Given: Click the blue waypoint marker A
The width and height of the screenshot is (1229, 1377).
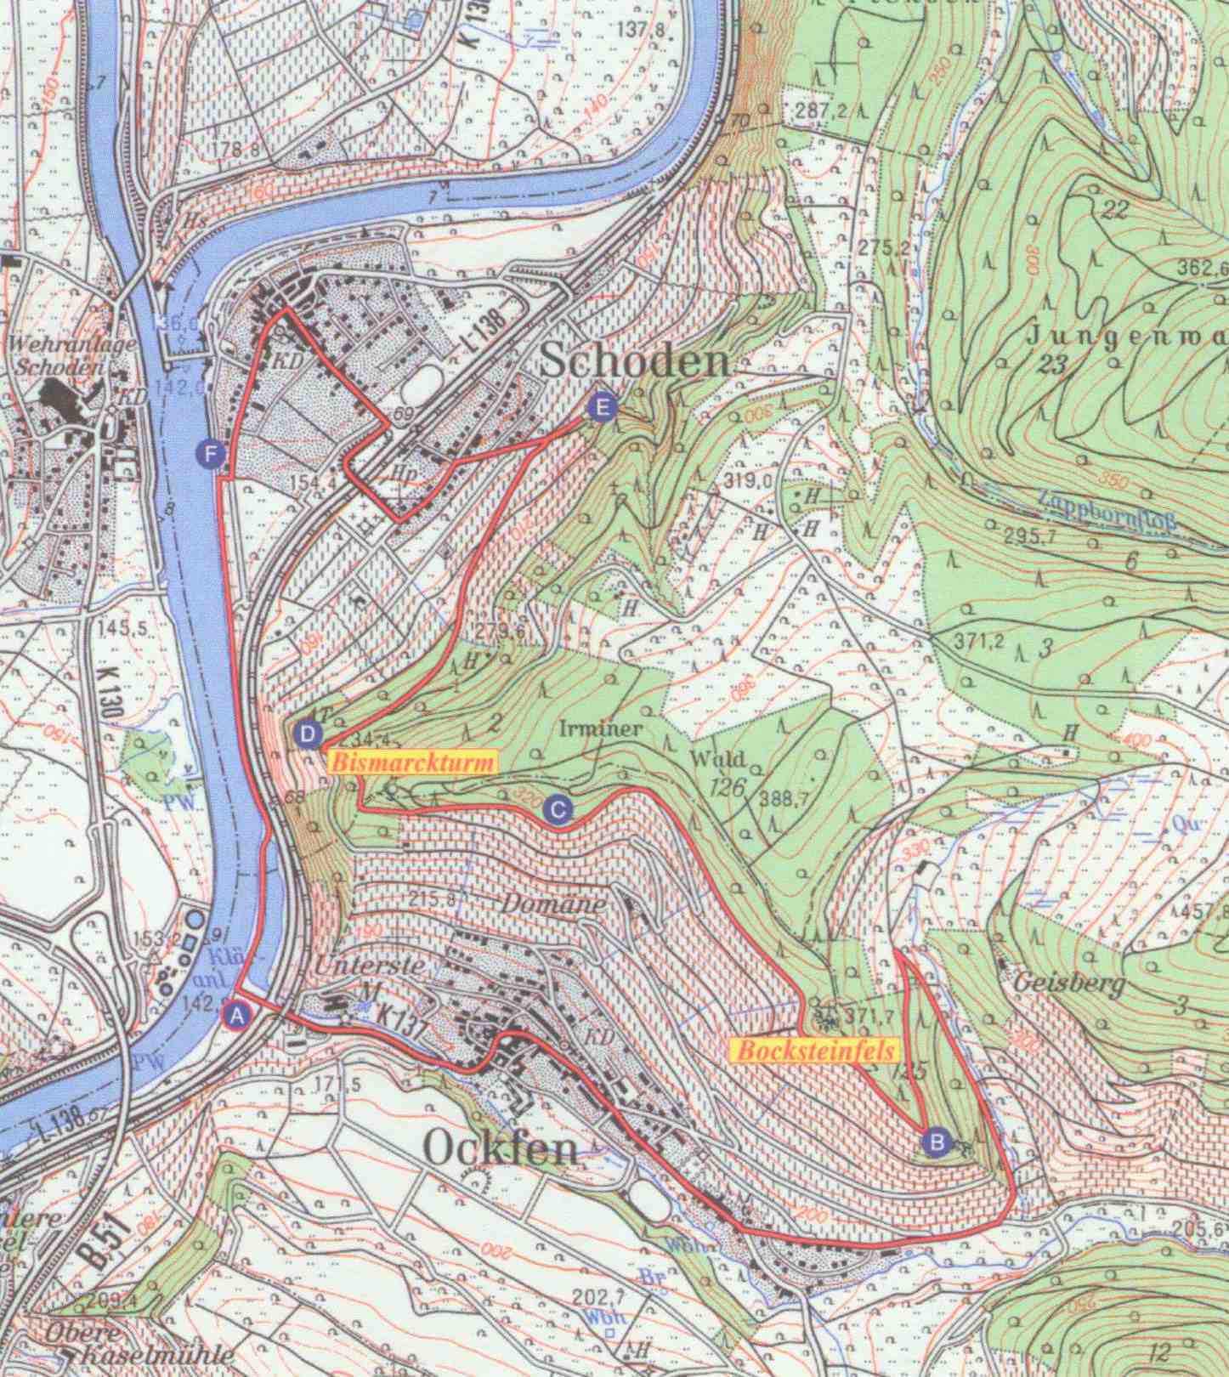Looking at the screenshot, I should pyautogui.click(x=238, y=1014).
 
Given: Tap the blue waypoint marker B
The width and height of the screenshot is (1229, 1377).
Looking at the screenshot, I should pyautogui.click(x=936, y=1141).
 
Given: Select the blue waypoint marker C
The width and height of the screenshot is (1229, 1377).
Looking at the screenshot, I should pyautogui.click(x=557, y=808).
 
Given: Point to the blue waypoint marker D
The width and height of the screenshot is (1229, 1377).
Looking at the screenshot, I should pyautogui.click(x=308, y=733).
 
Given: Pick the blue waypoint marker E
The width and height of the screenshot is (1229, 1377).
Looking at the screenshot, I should pyautogui.click(x=602, y=408).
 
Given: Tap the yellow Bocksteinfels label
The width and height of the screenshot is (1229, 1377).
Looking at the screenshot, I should pyautogui.click(x=814, y=1051).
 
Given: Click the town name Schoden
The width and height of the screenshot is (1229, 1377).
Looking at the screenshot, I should pyautogui.click(x=635, y=363).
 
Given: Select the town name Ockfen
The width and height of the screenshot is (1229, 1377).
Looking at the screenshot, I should pyautogui.click(x=500, y=1150).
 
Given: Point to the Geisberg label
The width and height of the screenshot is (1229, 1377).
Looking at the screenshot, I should pyautogui.click(x=1071, y=984).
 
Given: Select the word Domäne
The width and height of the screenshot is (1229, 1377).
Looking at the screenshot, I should pyautogui.click(x=553, y=904).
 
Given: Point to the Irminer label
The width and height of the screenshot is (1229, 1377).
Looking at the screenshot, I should pyautogui.click(x=601, y=728).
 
